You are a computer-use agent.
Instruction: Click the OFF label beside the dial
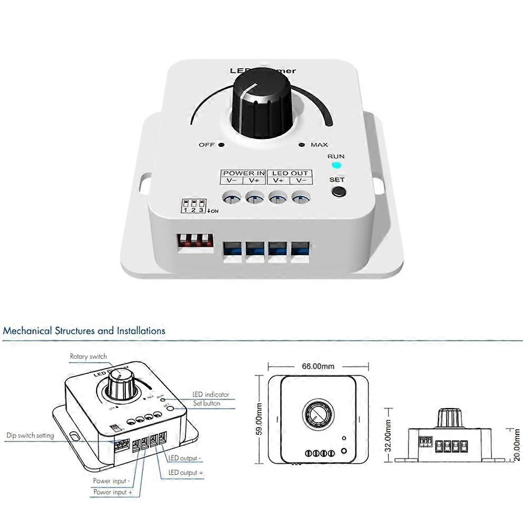(x=207, y=145)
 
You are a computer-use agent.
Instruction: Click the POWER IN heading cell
(x=244, y=173)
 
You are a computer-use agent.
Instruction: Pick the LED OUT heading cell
(x=290, y=173)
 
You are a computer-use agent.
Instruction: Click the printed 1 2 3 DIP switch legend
(x=193, y=207)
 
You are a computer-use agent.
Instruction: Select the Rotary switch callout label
(x=88, y=357)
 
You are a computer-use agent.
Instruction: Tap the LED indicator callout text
(x=210, y=394)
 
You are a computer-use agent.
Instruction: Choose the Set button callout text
(x=206, y=403)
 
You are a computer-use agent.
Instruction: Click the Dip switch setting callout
(x=30, y=436)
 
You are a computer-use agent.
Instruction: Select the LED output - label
(x=184, y=458)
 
